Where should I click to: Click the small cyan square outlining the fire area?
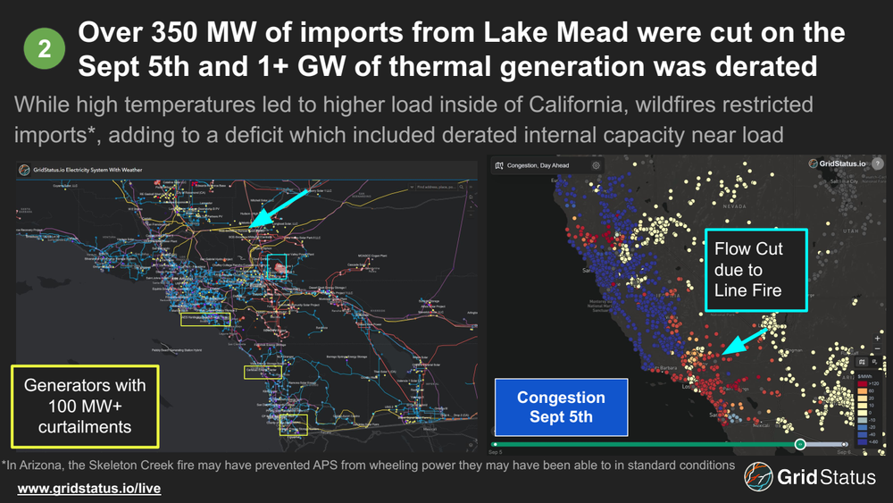pyautogui.click(x=277, y=265)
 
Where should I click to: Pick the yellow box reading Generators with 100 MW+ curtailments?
pyautogui.click(x=85, y=406)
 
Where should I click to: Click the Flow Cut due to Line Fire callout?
pyautogui.click(x=755, y=269)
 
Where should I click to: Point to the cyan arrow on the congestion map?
pyautogui.click(x=746, y=341)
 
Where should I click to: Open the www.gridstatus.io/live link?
pyautogui.click(x=89, y=490)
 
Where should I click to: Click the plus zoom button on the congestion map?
pyautogui.click(x=878, y=340)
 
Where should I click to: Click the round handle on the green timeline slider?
pyautogui.click(x=800, y=444)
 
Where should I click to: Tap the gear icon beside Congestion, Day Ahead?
pyautogui.click(x=596, y=165)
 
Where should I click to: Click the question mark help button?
pyautogui.click(x=878, y=164)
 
